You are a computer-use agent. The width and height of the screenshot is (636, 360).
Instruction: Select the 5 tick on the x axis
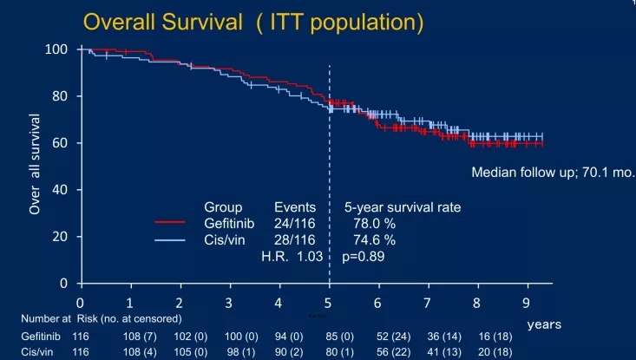[329, 303]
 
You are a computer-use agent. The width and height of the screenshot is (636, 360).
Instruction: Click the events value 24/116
[295, 224]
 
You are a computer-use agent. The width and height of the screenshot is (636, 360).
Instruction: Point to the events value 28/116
[295, 240]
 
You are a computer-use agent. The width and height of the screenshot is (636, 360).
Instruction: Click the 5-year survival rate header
[403, 208]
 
